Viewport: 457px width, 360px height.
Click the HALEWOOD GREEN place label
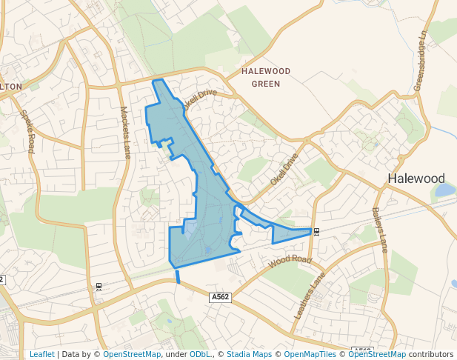(x=266, y=77)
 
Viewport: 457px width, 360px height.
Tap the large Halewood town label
(x=416, y=179)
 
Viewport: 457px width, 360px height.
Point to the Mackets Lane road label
(x=125, y=132)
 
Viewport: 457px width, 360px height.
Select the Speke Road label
(x=28, y=131)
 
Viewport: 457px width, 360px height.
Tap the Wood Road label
(x=290, y=260)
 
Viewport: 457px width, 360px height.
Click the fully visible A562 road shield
(x=220, y=297)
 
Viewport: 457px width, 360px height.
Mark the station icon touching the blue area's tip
(x=316, y=232)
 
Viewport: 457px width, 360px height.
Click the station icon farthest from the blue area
(x=99, y=287)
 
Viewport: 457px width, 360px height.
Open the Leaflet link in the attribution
(x=41, y=354)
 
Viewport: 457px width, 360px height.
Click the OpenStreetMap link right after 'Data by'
(x=132, y=354)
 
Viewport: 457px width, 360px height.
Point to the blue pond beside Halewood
(x=445, y=190)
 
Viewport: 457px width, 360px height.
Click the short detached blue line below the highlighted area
(x=178, y=277)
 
